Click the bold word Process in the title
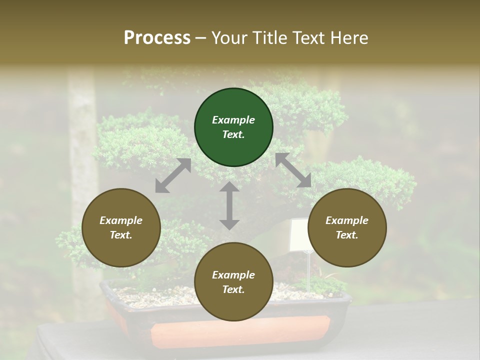click(157, 38)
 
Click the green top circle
click(233, 127)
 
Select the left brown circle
click(121, 228)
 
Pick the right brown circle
click(347, 228)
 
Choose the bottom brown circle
click(233, 282)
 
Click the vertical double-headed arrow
click(229, 205)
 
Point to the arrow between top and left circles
click(173, 175)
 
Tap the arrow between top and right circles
click(293, 170)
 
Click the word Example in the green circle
click(233, 120)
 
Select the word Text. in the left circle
click(121, 235)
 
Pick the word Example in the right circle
click(347, 220)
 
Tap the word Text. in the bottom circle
click(233, 289)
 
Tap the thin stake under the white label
click(309, 272)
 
